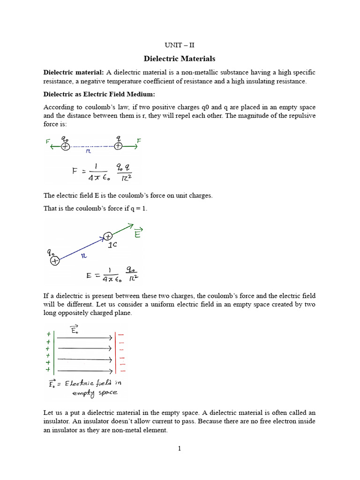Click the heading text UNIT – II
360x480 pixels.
click(x=179, y=45)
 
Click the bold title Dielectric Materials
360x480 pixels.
click(x=179, y=59)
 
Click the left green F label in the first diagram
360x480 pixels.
click(x=47, y=140)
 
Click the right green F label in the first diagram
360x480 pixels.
click(x=139, y=140)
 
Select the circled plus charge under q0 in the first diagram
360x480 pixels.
click(x=65, y=147)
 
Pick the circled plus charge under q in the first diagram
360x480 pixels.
click(x=118, y=146)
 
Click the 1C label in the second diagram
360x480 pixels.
click(x=113, y=245)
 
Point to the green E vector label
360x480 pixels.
click(x=137, y=233)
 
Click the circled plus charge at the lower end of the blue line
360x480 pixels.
click(x=55, y=261)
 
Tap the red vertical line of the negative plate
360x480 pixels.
click(x=116, y=352)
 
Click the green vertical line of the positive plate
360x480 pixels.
click(x=55, y=352)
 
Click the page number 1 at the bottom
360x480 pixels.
click(x=179, y=449)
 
